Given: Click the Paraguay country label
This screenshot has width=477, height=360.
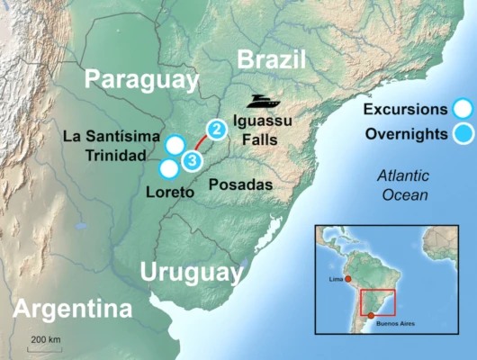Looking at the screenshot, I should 140,80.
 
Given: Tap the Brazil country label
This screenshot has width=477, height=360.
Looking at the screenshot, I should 271,60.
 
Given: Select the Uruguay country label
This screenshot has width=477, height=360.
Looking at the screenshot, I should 192,272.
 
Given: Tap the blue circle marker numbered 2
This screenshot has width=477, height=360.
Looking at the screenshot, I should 215,130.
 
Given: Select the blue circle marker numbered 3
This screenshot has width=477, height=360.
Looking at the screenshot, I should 192,161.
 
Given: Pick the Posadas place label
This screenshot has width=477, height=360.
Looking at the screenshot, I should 239,184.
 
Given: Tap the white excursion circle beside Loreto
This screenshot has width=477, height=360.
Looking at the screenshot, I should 167,168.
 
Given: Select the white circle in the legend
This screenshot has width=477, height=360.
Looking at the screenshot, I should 463,110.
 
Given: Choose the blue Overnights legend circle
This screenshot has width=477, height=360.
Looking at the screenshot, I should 463,135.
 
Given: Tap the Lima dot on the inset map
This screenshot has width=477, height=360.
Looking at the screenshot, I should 346,281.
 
